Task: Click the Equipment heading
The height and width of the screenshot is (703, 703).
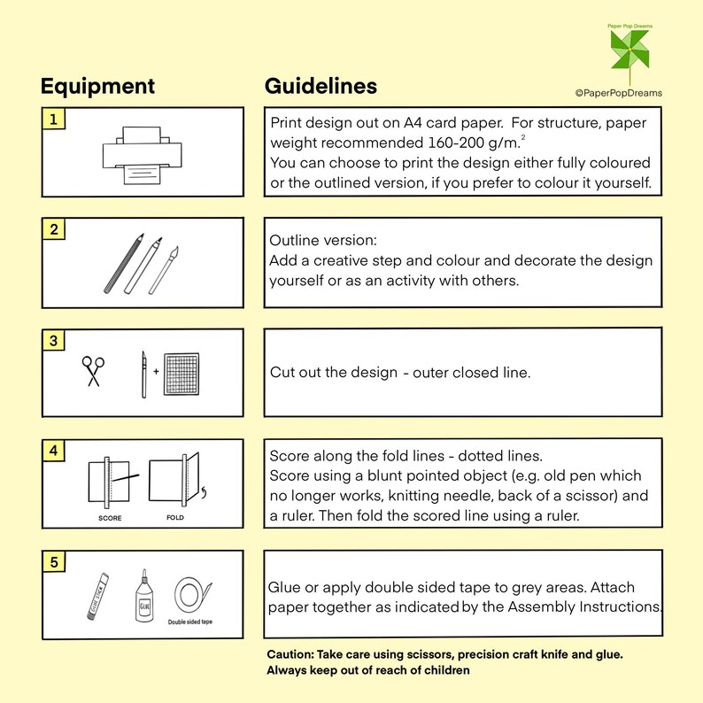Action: [97, 87]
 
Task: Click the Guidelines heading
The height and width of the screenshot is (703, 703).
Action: [321, 86]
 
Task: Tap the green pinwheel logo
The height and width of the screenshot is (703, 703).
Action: [630, 50]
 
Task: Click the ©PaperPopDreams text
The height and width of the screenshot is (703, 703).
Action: [619, 93]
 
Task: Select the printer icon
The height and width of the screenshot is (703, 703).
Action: [143, 155]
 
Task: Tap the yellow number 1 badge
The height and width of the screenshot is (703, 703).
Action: [54, 120]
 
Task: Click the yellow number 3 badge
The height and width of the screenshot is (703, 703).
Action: [54, 340]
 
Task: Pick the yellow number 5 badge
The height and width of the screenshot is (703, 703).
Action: [54, 561]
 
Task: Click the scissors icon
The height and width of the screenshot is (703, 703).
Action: [93, 371]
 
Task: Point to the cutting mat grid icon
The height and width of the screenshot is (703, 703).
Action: [182, 375]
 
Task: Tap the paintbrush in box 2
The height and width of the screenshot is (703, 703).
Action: [164, 270]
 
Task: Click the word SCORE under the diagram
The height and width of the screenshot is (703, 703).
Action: [110, 518]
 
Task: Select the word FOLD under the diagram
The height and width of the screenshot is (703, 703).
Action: [175, 517]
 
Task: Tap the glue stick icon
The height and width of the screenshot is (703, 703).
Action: [98, 597]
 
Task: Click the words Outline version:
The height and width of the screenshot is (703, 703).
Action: [323, 240]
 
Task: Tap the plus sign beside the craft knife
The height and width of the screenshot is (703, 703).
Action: [156, 371]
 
